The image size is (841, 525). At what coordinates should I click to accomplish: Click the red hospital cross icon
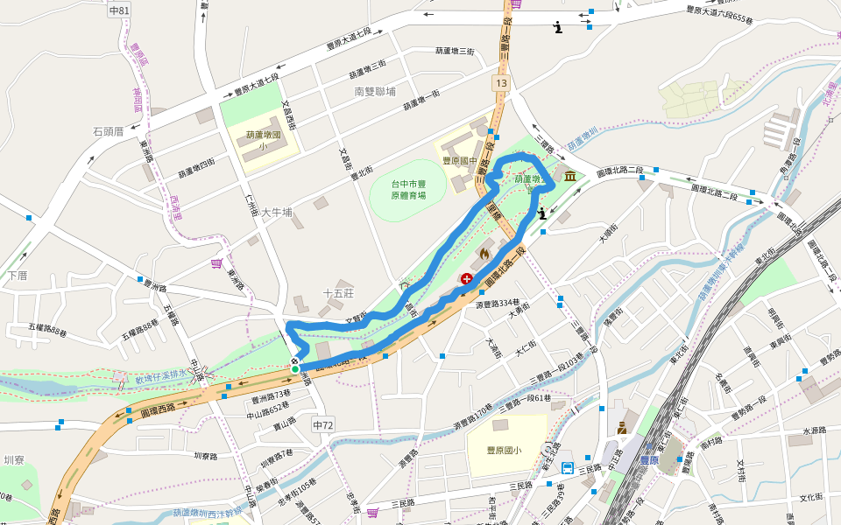(467, 279)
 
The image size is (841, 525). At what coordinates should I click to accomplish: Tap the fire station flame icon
(484, 254)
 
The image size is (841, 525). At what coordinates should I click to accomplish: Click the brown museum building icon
(571, 177)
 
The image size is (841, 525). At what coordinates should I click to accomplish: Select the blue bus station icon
(567, 467)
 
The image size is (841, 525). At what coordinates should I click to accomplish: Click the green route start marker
(295, 369)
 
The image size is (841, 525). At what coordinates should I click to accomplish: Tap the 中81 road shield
(120, 10)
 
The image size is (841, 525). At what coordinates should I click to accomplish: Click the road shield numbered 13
(500, 82)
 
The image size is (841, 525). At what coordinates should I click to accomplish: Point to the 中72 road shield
(323, 424)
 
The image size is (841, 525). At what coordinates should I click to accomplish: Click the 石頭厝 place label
(108, 132)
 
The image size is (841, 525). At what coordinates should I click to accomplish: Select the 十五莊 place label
(337, 294)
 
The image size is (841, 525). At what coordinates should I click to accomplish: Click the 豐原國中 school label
(460, 161)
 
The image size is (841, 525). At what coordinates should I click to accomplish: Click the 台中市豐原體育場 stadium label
(408, 190)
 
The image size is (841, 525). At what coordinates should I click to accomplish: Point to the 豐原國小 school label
(505, 451)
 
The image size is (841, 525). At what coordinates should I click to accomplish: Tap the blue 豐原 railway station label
(649, 459)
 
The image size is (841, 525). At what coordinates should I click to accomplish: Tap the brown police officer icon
(622, 428)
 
